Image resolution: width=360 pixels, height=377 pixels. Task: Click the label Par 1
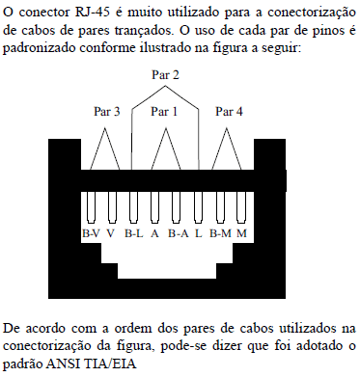[165, 112]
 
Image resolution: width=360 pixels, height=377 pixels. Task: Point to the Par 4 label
[229, 112]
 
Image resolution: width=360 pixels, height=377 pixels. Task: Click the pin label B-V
[91, 234]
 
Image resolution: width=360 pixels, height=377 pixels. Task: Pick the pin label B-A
[178, 234]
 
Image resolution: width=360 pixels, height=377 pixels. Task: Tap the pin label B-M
[221, 234]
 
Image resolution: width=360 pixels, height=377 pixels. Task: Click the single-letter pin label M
[241, 234]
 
